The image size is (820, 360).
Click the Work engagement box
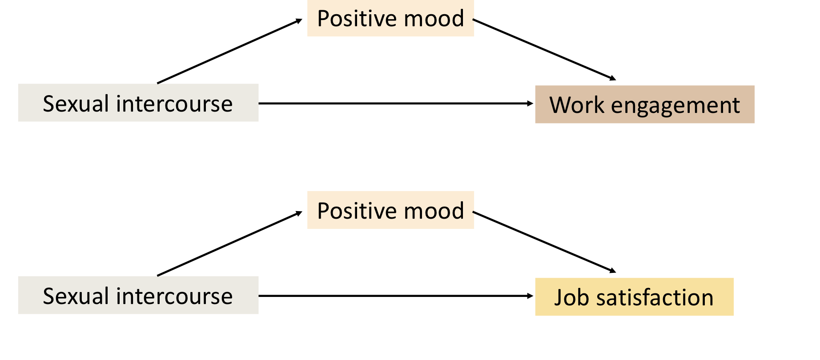pyautogui.click(x=644, y=104)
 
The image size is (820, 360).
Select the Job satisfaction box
pyautogui.click(x=634, y=297)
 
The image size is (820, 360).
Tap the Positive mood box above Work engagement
pyautogui.click(x=390, y=19)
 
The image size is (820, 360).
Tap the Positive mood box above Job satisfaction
pyautogui.click(x=390, y=210)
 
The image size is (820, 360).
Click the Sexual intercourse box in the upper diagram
pyautogui.click(x=138, y=103)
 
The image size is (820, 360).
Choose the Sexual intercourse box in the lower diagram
pyautogui.click(x=138, y=296)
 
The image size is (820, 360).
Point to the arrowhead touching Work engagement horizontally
pyautogui.click(x=530, y=104)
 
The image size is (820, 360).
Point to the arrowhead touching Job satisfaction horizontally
pyautogui.click(x=530, y=296)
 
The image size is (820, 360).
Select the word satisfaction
pyautogui.click(x=655, y=298)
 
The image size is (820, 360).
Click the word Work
pyautogui.click(x=577, y=105)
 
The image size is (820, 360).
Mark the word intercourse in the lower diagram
pyautogui.click(x=174, y=296)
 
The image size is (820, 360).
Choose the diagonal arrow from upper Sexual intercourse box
pyautogui.click(x=229, y=52)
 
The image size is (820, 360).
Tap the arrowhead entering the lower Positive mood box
pyautogui.click(x=299, y=213)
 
